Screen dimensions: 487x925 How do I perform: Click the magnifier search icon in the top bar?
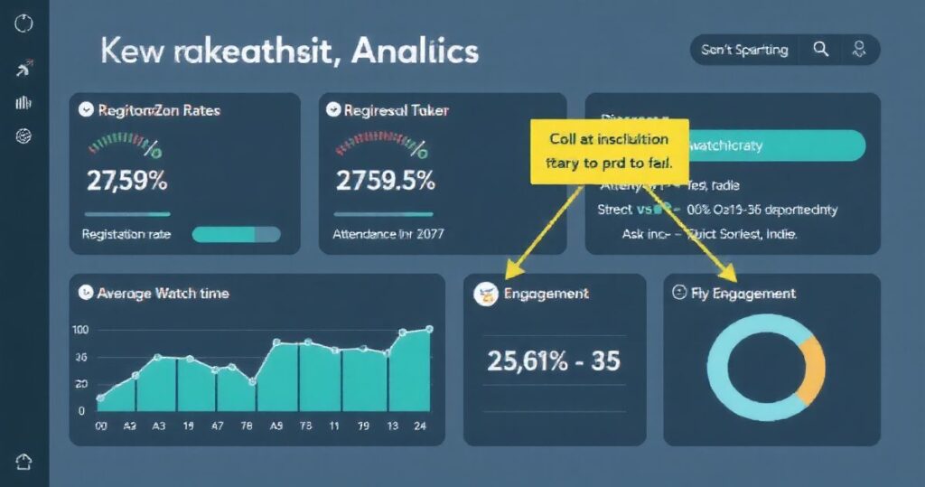click(821, 50)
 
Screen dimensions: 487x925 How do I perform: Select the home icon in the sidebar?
click(24, 461)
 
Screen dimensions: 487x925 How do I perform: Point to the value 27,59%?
click(127, 180)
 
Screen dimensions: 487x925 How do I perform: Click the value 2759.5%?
click(385, 180)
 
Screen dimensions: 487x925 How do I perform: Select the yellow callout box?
click(609, 152)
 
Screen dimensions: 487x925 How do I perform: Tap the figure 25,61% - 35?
click(553, 361)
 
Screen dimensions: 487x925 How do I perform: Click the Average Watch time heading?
click(163, 293)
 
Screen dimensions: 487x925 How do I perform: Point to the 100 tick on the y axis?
click(80, 330)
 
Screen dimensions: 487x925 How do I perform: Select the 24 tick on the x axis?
click(420, 427)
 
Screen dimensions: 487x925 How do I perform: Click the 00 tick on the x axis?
click(101, 427)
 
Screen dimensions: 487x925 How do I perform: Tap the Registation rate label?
click(126, 234)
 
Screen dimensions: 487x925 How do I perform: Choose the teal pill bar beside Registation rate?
click(237, 234)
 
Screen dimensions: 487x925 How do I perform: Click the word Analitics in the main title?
click(415, 52)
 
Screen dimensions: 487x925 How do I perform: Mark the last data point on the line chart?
click(429, 329)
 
